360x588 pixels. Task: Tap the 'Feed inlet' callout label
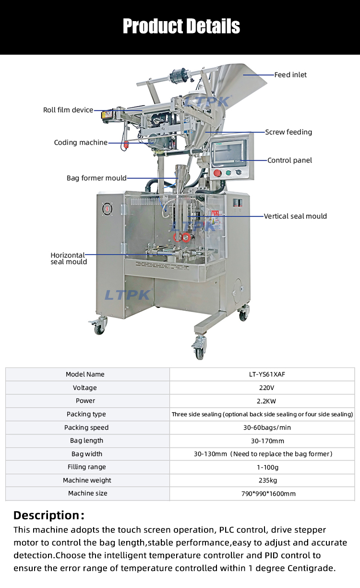(290, 75)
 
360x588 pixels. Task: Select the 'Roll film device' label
(68, 110)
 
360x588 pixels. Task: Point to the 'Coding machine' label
(81, 142)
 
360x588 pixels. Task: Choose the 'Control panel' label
(289, 160)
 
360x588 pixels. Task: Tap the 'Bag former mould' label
(96, 178)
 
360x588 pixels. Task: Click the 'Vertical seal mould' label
(295, 216)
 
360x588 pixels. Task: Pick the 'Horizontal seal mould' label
(69, 258)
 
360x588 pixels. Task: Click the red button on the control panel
(217, 173)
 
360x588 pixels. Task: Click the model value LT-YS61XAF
(262, 374)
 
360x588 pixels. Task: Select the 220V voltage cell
(262, 388)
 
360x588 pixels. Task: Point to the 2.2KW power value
(262, 400)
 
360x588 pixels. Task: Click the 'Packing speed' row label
(86, 427)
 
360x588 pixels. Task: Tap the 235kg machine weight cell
(262, 480)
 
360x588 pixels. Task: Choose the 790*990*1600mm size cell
(262, 494)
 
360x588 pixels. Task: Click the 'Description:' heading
(49, 516)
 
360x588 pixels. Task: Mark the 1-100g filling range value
(262, 467)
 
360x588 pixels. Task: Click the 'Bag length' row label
(86, 440)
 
